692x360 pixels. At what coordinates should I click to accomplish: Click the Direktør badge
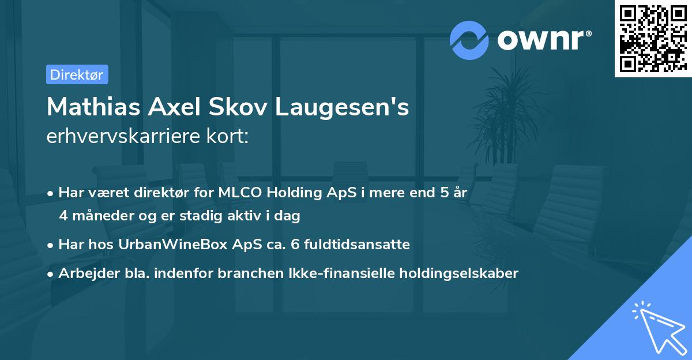[x=77, y=74]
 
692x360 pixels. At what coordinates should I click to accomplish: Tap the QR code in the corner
[x=653, y=38]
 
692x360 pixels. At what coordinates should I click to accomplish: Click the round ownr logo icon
[x=469, y=40]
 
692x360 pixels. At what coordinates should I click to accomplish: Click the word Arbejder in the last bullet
[x=84, y=273]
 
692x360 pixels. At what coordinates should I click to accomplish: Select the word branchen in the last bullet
[x=245, y=273]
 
